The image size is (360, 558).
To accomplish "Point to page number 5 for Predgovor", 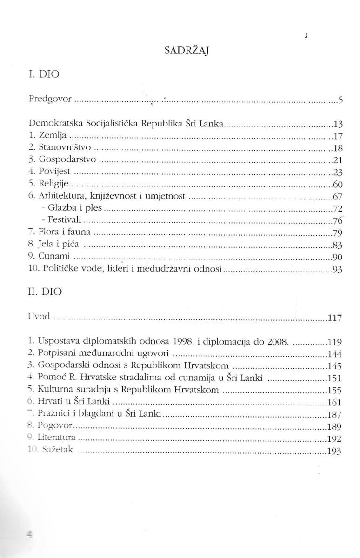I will click(340, 100).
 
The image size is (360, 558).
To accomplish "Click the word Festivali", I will click(65, 219).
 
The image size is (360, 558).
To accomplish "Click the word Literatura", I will click(56, 438).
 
